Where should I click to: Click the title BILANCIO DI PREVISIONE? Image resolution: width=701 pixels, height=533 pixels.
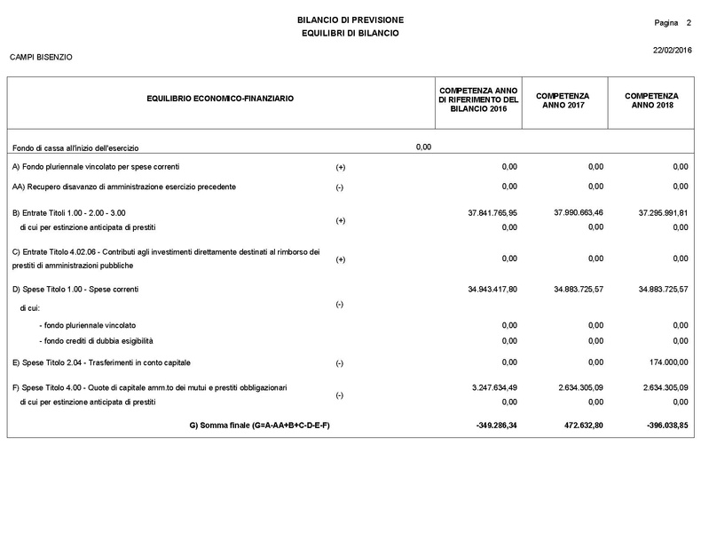pos(350,20)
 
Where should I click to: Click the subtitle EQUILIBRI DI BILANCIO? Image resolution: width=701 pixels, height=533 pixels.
pos(350,33)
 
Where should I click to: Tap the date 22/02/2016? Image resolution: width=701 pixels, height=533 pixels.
pos(672,50)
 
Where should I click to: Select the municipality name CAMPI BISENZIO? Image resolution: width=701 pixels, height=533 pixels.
pos(41,58)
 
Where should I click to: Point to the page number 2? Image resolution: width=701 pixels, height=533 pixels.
pos(689,21)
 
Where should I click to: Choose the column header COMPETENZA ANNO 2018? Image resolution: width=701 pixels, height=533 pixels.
pos(651,100)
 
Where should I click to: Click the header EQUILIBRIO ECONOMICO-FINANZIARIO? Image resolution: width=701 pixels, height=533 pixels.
pos(220,100)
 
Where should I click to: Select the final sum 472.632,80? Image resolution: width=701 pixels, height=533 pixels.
pos(578,426)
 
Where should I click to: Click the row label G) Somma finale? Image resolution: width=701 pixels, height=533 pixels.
pos(259,426)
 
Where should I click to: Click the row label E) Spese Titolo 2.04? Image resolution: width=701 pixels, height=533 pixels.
pos(101,362)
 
